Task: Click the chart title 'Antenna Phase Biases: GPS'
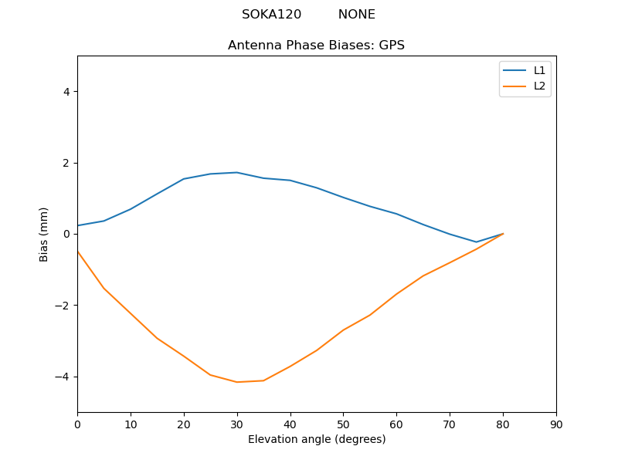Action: point(316,46)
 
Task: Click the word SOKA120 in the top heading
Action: point(271,15)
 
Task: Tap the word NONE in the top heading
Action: point(356,15)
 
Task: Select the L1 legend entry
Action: point(539,70)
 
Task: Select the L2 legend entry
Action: point(539,86)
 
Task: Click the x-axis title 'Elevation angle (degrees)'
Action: point(316,440)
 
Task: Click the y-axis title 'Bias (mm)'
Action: point(44,234)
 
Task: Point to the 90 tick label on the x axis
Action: point(555,424)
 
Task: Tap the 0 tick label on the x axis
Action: point(77,424)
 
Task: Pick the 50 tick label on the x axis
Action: point(343,424)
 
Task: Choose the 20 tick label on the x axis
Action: point(184,424)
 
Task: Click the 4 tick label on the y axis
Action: point(66,91)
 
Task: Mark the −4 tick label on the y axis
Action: point(63,377)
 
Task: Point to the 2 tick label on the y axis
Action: point(66,163)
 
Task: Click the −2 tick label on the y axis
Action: point(63,306)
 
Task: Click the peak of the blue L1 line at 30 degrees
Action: point(236,172)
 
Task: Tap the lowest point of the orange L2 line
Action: point(236,382)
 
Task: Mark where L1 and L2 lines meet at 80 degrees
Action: point(503,233)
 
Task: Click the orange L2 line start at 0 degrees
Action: point(78,252)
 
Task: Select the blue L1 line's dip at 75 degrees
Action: point(476,242)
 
